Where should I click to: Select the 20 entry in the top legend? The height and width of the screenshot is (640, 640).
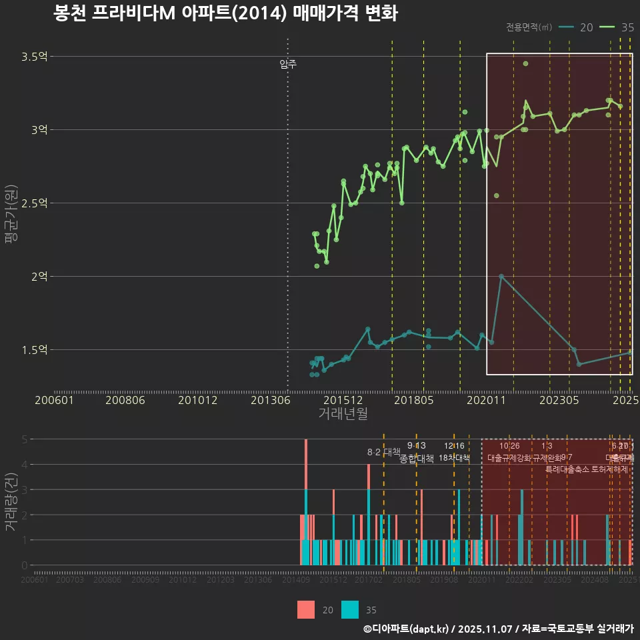[577, 27]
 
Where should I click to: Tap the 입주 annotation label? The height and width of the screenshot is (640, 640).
[288, 65]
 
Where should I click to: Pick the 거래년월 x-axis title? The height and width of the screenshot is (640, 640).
[343, 413]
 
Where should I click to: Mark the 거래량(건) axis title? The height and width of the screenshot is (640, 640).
[10, 502]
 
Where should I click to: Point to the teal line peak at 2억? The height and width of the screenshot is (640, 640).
[501, 276]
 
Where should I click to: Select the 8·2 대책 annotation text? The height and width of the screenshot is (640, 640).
[383, 451]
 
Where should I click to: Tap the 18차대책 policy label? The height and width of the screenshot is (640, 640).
[454, 458]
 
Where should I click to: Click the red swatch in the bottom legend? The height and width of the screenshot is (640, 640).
[306, 609]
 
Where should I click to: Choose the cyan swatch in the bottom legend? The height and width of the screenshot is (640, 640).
[349, 609]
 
